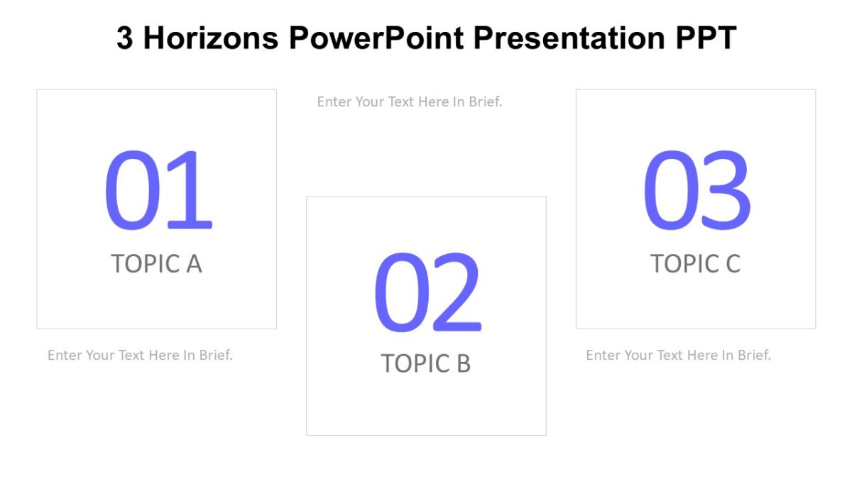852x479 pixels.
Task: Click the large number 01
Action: (158, 190)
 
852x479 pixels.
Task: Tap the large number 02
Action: (427, 292)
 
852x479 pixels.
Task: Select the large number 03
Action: (696, 190)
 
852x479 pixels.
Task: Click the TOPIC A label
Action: (156, 263)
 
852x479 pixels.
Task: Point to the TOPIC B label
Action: (425, 363)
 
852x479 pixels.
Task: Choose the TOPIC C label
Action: (695, 263)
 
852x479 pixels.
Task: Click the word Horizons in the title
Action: (211, 38)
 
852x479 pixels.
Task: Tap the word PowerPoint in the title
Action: (376, 38)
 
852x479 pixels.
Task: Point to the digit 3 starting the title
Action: (124, 38)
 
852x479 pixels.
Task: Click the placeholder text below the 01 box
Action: (140, 355)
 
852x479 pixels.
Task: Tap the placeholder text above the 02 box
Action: (409, 101)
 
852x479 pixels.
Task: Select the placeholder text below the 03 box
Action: (678, 355)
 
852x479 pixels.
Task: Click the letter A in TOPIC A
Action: (193, 263)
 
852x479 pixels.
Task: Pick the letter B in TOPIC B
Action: (462, 363)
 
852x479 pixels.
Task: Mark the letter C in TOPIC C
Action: (732, 263)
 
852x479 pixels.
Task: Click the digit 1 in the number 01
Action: (188, 190)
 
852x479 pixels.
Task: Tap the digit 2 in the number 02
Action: (457, 292)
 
